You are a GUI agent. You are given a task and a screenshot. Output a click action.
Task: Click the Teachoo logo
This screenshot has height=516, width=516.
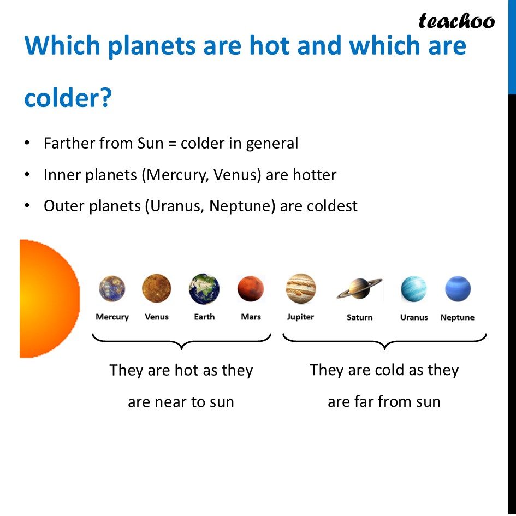pyautogui.click(x=456, y=21)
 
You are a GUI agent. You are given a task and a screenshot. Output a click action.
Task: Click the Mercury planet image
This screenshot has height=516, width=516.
pyautogui.click(x=112, y=289)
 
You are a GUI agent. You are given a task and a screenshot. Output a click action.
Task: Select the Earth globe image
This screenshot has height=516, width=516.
pyautogui.click(x=204, y=289)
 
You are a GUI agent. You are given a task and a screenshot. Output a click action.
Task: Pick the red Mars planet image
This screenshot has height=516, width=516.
pyautogui.click(x=251, y=289)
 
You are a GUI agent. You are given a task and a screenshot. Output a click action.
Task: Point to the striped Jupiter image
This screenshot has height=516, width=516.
pyautogui.click(x=301, y=288)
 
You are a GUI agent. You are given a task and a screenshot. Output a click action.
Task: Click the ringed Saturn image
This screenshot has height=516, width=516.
pyautogui.click(x=359, y=288)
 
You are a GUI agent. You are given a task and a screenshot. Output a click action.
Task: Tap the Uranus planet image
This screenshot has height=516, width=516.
pyautogui.click(x=414, y=289)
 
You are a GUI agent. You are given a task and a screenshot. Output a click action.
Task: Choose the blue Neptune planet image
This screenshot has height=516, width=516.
pyautogui.click(x=458, y=289)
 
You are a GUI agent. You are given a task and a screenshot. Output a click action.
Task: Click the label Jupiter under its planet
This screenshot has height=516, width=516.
pyautogui.click(x=301, y=317)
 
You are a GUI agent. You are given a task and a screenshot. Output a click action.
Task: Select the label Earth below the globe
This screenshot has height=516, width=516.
pyautogui.click(x=204, y=317)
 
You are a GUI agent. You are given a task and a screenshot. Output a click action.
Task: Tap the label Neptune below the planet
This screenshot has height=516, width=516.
pyautogui.click(x=458, y=317)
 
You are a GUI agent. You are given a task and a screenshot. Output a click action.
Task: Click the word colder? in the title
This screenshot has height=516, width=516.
pyautogui.click(x=68, y=98)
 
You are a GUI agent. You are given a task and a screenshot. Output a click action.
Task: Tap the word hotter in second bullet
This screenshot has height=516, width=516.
pyautogui.click(x=315, y=175)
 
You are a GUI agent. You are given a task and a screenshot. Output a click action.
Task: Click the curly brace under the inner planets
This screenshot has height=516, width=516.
pyautogui.click(x=181, y=341)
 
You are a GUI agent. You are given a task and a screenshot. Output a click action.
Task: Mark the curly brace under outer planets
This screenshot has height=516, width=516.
pyautogui.click(x=384, y=341)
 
